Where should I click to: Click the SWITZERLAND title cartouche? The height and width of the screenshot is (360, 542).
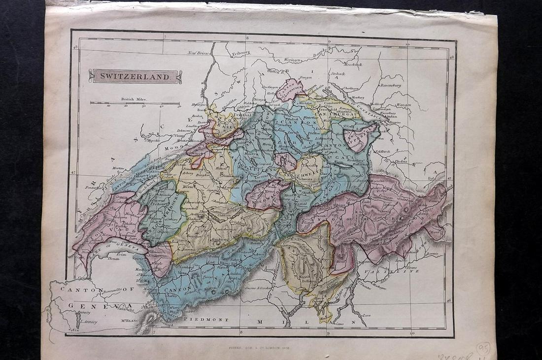(x=135, y=76)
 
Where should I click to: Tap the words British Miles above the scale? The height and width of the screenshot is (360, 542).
(x=135, y=99)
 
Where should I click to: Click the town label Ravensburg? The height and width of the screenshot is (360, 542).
(x=390, y=85)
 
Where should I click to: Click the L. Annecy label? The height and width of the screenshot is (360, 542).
(x=89, y=322)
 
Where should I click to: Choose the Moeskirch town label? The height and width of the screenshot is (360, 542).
(x=353, y=64)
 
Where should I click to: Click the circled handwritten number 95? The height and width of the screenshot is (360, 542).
(x=482, y=349)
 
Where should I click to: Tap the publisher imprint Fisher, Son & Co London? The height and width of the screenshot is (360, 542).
(x=259, y=347)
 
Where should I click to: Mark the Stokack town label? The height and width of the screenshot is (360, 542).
(x=338, y=73)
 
